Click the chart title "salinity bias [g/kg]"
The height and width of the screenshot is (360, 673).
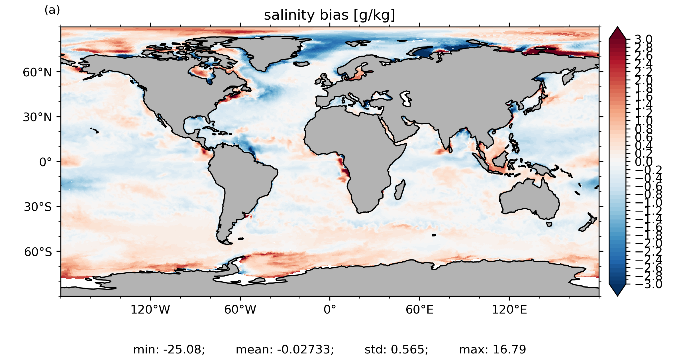[329, 15]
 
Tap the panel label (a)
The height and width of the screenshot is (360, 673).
[52, 10]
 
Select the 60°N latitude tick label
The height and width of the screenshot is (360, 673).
[37, 72]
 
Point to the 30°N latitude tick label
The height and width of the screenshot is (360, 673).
[37, 117]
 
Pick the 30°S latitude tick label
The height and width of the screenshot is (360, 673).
[38, 207]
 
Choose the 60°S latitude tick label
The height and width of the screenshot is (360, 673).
[38, 252]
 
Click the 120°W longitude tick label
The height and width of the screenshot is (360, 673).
[150, 310]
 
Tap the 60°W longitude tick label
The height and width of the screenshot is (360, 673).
[240, 310]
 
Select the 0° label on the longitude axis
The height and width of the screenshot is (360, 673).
[330, 310]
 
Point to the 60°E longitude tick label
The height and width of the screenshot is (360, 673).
[419, 310]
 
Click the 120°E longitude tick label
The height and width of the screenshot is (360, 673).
[509, 310]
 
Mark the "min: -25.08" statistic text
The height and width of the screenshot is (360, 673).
[169, 349]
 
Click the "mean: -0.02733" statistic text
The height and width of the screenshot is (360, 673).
[285, 349]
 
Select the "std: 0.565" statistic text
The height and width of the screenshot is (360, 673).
[396, 349]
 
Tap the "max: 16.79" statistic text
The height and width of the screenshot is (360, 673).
[492, 349]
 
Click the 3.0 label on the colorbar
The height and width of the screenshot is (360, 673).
[643, 39]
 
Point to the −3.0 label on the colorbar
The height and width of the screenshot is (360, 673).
[648, 284]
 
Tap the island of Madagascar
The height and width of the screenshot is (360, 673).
[399, 190]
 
